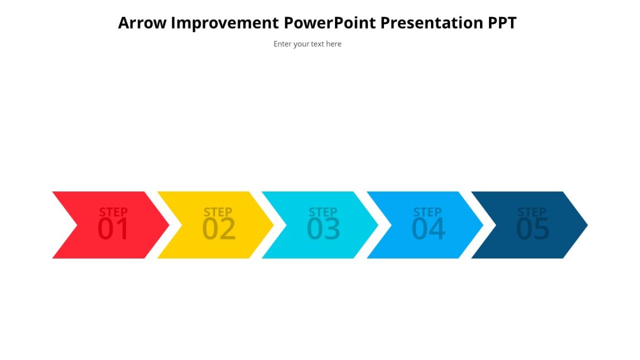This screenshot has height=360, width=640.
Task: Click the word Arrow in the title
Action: [x=142, y=23]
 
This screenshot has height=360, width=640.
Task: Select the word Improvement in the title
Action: [x=225, y=23]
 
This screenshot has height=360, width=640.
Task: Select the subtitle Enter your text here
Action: [x=307, y=44]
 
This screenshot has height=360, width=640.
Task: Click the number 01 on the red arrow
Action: [x=113, y=230]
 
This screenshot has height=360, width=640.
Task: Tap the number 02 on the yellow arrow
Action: [x=218, y=230]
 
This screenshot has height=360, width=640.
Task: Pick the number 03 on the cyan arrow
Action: [x=323, y=230]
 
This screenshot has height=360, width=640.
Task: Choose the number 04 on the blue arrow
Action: [x=428, y=230]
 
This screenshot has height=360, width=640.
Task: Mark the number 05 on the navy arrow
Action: [x=532, y=230]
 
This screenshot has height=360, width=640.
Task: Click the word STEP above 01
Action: [x=113, y=212]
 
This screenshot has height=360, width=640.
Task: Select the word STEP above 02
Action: [x=218, y=212]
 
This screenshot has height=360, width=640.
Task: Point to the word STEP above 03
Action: [x=323, y=212]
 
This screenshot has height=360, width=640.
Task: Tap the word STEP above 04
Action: [x=427, y=212]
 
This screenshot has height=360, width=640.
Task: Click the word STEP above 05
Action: [x=532, y=212]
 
